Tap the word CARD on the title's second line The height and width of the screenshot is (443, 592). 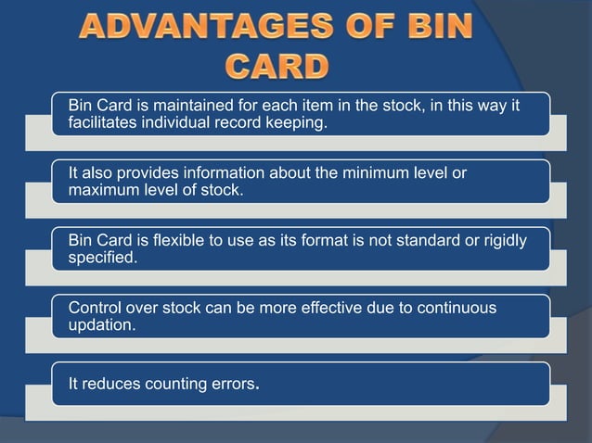(x=277, y=67)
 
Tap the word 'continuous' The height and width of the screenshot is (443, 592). (x=456, y=308)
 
